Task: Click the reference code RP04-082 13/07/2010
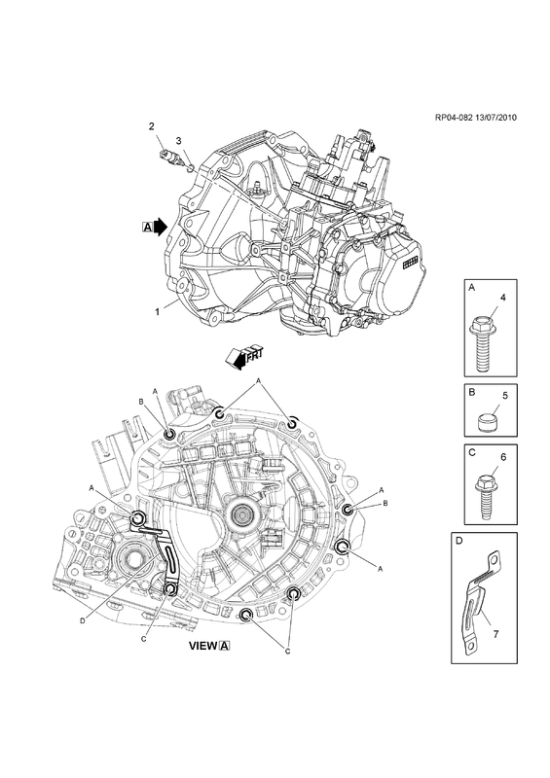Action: pos(475,118)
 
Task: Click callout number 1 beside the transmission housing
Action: pos(157,312)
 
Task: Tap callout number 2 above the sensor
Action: pos(152,126)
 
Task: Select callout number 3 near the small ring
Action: pos(179,141)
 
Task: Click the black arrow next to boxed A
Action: pos(160,227)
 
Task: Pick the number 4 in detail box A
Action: pos(503,298)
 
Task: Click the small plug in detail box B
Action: pos(488,422)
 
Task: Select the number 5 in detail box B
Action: pos(505,396)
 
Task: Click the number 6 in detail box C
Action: pos(503,457)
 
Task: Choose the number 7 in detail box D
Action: pos(496,634)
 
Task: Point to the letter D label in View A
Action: pos(83,619)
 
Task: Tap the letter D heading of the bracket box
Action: pos(459,541)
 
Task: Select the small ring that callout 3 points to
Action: pos(189,164)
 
